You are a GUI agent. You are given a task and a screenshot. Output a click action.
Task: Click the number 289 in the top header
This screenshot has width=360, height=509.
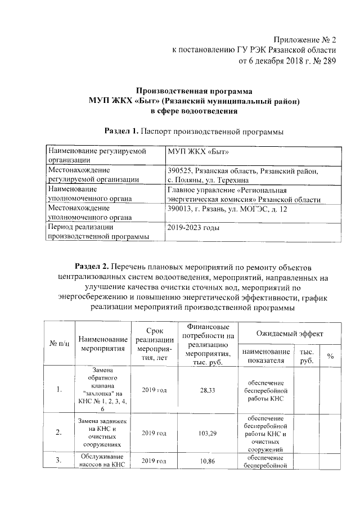point(327,61)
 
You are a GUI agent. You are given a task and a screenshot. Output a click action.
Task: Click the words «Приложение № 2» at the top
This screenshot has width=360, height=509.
point(304,40)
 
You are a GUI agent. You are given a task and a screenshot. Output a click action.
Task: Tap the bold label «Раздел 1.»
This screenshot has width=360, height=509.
point(122,132)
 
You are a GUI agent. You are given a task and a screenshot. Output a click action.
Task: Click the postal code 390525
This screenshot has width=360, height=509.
point(180,170)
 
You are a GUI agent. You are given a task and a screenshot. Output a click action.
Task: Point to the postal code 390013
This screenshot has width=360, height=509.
point(180,209)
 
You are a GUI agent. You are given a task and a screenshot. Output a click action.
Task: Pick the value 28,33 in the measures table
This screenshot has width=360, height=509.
point(208,390)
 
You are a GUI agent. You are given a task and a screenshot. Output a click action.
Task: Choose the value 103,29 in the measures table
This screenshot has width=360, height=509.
point(208,433)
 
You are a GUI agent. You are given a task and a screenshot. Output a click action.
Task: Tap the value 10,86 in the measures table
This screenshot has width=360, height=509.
point(208,461)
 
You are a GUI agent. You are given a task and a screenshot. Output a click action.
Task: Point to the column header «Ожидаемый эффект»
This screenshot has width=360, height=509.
point(289,334)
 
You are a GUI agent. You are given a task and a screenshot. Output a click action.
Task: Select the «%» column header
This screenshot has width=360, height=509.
point(330,356)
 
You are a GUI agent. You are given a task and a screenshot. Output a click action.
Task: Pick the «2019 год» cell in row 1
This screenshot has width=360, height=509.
point(154,390)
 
